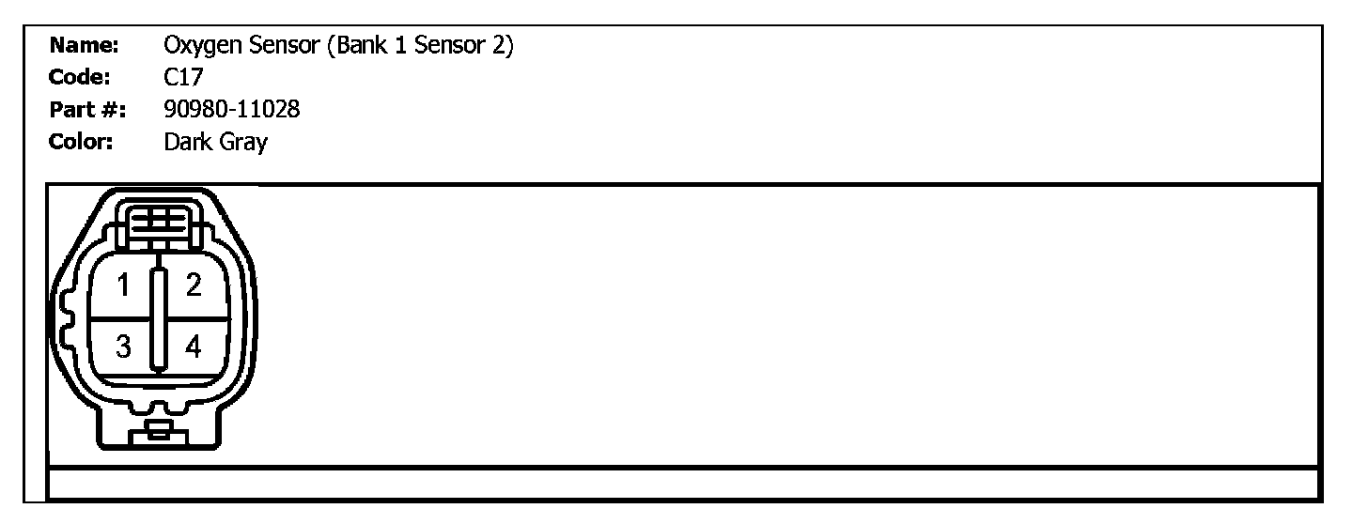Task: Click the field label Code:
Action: tap(81, 78)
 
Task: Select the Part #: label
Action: tap(85, 110)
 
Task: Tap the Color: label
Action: tap(82, 143)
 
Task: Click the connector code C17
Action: tap(182, 78)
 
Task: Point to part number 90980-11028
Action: tap(231, 110)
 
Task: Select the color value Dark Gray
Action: tap(215, 143)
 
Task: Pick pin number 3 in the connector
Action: tap(123, 347)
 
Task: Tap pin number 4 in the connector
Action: tap(193, 347)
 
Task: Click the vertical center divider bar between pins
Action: tap(159, 319)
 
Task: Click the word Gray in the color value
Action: tap(245, 143)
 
